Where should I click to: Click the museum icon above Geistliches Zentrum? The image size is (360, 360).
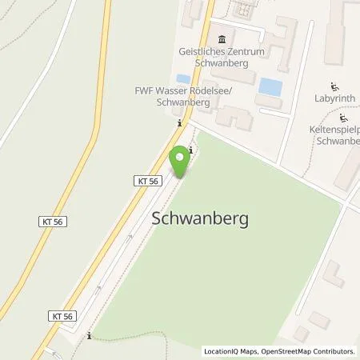[222, 39]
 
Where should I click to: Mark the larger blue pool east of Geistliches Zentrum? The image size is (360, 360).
[270, 86]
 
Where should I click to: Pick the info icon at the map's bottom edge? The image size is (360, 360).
[90, 336]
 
